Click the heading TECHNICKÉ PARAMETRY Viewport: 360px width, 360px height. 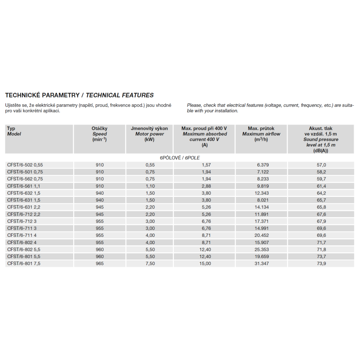(42, 95)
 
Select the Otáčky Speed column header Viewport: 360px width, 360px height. (100, 134)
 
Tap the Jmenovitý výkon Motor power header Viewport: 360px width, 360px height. (149, 134)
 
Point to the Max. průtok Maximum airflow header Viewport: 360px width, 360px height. (261, 134)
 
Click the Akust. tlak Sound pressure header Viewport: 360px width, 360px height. (320, 139)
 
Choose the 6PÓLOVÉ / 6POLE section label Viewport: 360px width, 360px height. (180, 158)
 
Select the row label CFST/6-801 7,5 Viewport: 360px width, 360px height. (24, 264)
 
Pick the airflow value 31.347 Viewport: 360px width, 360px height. (261, 264)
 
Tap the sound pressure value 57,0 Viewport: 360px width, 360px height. (320, 165)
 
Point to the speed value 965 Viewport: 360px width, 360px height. (100, 264)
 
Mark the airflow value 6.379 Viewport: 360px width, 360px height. (261, 165)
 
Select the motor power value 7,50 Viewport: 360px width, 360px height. (149, 264)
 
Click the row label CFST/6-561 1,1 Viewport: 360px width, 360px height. (24, 186)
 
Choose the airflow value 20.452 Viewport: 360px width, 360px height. (261, 235)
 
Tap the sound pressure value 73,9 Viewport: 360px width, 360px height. (320, 264)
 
